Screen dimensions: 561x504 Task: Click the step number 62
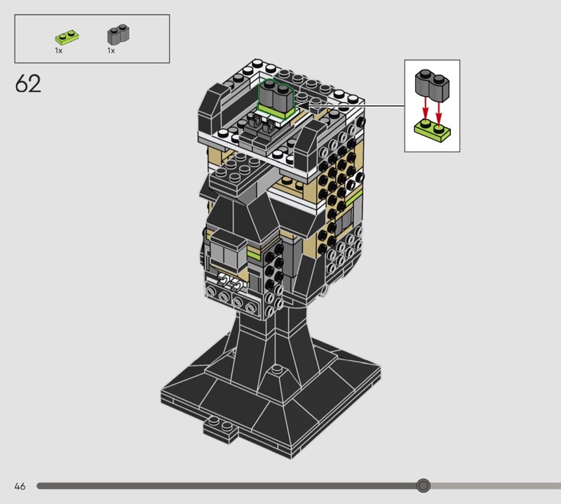pyautogui.click(x=28, y=84)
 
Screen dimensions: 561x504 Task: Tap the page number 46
pyautogui.click(x=20, y=486)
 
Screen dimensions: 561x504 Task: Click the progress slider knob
pyautogui.click(x=424, y=486)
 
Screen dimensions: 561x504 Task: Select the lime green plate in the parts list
pyautogui.click(x=67, y=37)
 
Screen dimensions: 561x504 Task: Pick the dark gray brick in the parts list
pyautogui.click(x=119, y=34)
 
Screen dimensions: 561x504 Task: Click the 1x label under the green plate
pyautogui.click(x=59, y=51)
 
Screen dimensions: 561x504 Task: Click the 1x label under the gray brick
pyautogui.click(x=111, y=51)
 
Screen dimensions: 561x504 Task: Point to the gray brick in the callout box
pyautogui.click(x=432, y=85)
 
